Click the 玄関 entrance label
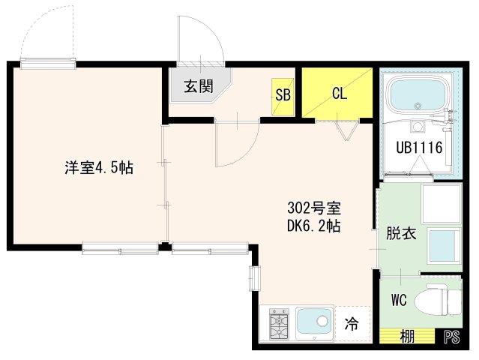pos(198,85)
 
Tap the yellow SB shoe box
pos(283,94)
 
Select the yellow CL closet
pos(337,93)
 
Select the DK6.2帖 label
pos(315,225)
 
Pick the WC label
pos(399,300)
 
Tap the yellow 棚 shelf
pos(406,337)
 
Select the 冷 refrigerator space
pos(352,325)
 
